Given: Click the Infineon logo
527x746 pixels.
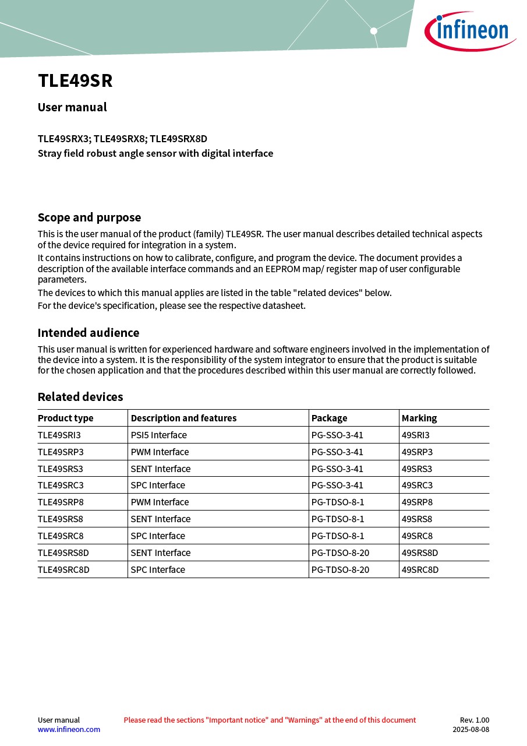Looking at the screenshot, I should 469,30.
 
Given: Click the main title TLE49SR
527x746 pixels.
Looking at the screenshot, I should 75,81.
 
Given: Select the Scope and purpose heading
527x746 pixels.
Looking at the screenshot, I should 89,217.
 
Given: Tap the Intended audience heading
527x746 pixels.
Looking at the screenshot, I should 89,333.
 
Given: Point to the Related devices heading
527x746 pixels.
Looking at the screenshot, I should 80,397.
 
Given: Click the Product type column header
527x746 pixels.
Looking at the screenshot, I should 65,418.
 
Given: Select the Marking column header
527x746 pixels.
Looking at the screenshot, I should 419,418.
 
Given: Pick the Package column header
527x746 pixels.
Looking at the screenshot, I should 329,418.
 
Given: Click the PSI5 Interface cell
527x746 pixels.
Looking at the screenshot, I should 158,435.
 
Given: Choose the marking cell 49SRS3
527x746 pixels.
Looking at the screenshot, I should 417,469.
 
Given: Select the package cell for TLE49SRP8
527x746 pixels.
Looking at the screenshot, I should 338,502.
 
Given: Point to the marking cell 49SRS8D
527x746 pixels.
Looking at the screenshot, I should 420,553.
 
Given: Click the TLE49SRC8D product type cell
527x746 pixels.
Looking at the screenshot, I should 63,569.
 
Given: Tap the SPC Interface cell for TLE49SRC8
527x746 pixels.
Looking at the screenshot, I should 158,536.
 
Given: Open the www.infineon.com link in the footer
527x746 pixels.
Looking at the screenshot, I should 69,729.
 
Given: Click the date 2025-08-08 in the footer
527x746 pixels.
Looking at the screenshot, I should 471,729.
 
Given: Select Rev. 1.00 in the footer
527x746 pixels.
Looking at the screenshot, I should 475,720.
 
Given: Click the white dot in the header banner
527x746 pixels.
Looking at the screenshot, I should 374,31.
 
